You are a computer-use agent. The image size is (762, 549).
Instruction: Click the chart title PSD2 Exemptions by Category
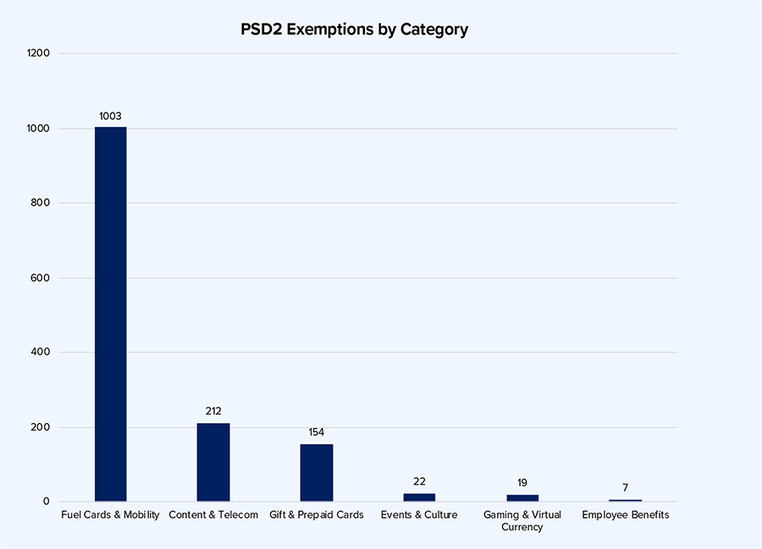coord(355,30)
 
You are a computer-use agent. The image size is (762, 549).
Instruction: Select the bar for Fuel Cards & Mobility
coord(110,314)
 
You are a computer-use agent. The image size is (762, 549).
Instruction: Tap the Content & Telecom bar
coord(213,462)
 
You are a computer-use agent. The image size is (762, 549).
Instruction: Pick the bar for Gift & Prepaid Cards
coord(317,473)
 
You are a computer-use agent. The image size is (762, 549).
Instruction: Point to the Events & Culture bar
coord(419,497)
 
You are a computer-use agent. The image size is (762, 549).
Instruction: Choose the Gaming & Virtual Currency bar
coord(522,498)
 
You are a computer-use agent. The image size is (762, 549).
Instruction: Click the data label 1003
coord(110,116)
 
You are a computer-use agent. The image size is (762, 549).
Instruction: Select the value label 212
coord(213,411)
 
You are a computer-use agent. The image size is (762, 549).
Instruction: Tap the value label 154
coord(317,432)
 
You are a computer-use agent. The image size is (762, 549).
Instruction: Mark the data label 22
coord(419,481)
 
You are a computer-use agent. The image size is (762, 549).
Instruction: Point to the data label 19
coord(522,483)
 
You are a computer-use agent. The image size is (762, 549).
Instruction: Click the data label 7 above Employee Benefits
coord(625,487)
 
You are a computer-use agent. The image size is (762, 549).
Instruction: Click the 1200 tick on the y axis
coord(39,53)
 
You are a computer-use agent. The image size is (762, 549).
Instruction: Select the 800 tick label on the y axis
coord(41,203)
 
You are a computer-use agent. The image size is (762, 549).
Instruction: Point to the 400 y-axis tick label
coord(41,352)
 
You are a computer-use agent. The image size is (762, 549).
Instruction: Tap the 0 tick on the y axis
coord(47,502)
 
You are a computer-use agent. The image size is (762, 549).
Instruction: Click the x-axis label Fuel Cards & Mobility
coord(110,515)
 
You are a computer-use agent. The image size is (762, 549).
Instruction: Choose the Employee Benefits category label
coord(625,515)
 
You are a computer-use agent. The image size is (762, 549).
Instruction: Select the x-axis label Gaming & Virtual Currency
coord(522,521)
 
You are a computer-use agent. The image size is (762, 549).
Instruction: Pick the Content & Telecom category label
coord(213,515)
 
